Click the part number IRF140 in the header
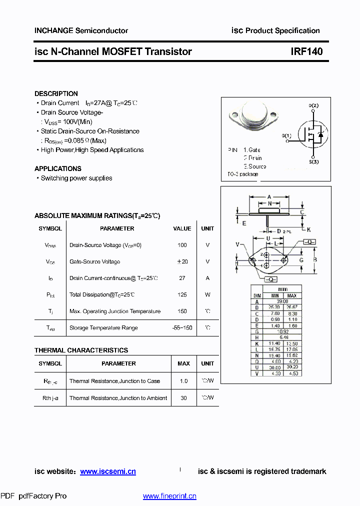306,51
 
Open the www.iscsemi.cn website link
107,471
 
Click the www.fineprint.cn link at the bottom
169,496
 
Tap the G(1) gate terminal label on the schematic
286,135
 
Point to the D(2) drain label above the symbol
313,105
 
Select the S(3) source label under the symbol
313,162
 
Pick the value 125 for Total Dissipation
182,295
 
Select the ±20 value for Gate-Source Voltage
182,261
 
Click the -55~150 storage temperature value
182,328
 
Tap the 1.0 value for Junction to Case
183,381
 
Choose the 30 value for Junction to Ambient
183,398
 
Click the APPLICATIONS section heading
58,168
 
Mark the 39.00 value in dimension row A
282,301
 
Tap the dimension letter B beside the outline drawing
314,260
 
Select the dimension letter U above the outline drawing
268,238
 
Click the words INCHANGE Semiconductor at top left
81,30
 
